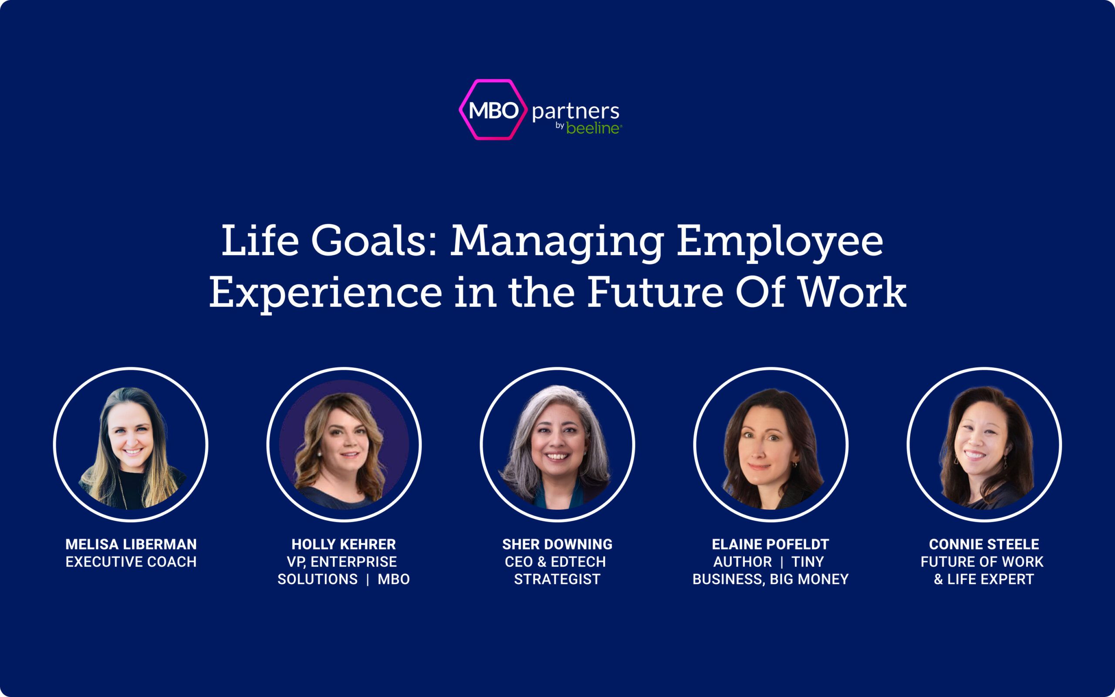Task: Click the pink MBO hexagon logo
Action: tap(493, 109)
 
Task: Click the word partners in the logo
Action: tap(575, 112)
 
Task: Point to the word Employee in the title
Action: tap(780, 244)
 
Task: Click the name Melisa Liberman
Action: tap(131, 545)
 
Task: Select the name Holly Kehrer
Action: tap(344, 545)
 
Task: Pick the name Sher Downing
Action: tap(557, 545)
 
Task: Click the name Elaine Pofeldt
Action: tap(770, 545)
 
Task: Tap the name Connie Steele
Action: tap(984, 545)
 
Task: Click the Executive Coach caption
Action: tap(131, 562)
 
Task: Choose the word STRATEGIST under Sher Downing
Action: tap(557, 579)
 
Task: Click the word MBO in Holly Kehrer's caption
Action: tap(394, 579)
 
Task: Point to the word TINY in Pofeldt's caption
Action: tap(808, 562)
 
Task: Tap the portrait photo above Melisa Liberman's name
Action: tap(131, 444)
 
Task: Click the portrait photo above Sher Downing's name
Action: tap(557, 444)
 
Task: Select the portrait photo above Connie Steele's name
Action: tap(984, 444)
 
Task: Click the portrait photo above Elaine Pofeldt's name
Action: tap(771, 444)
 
